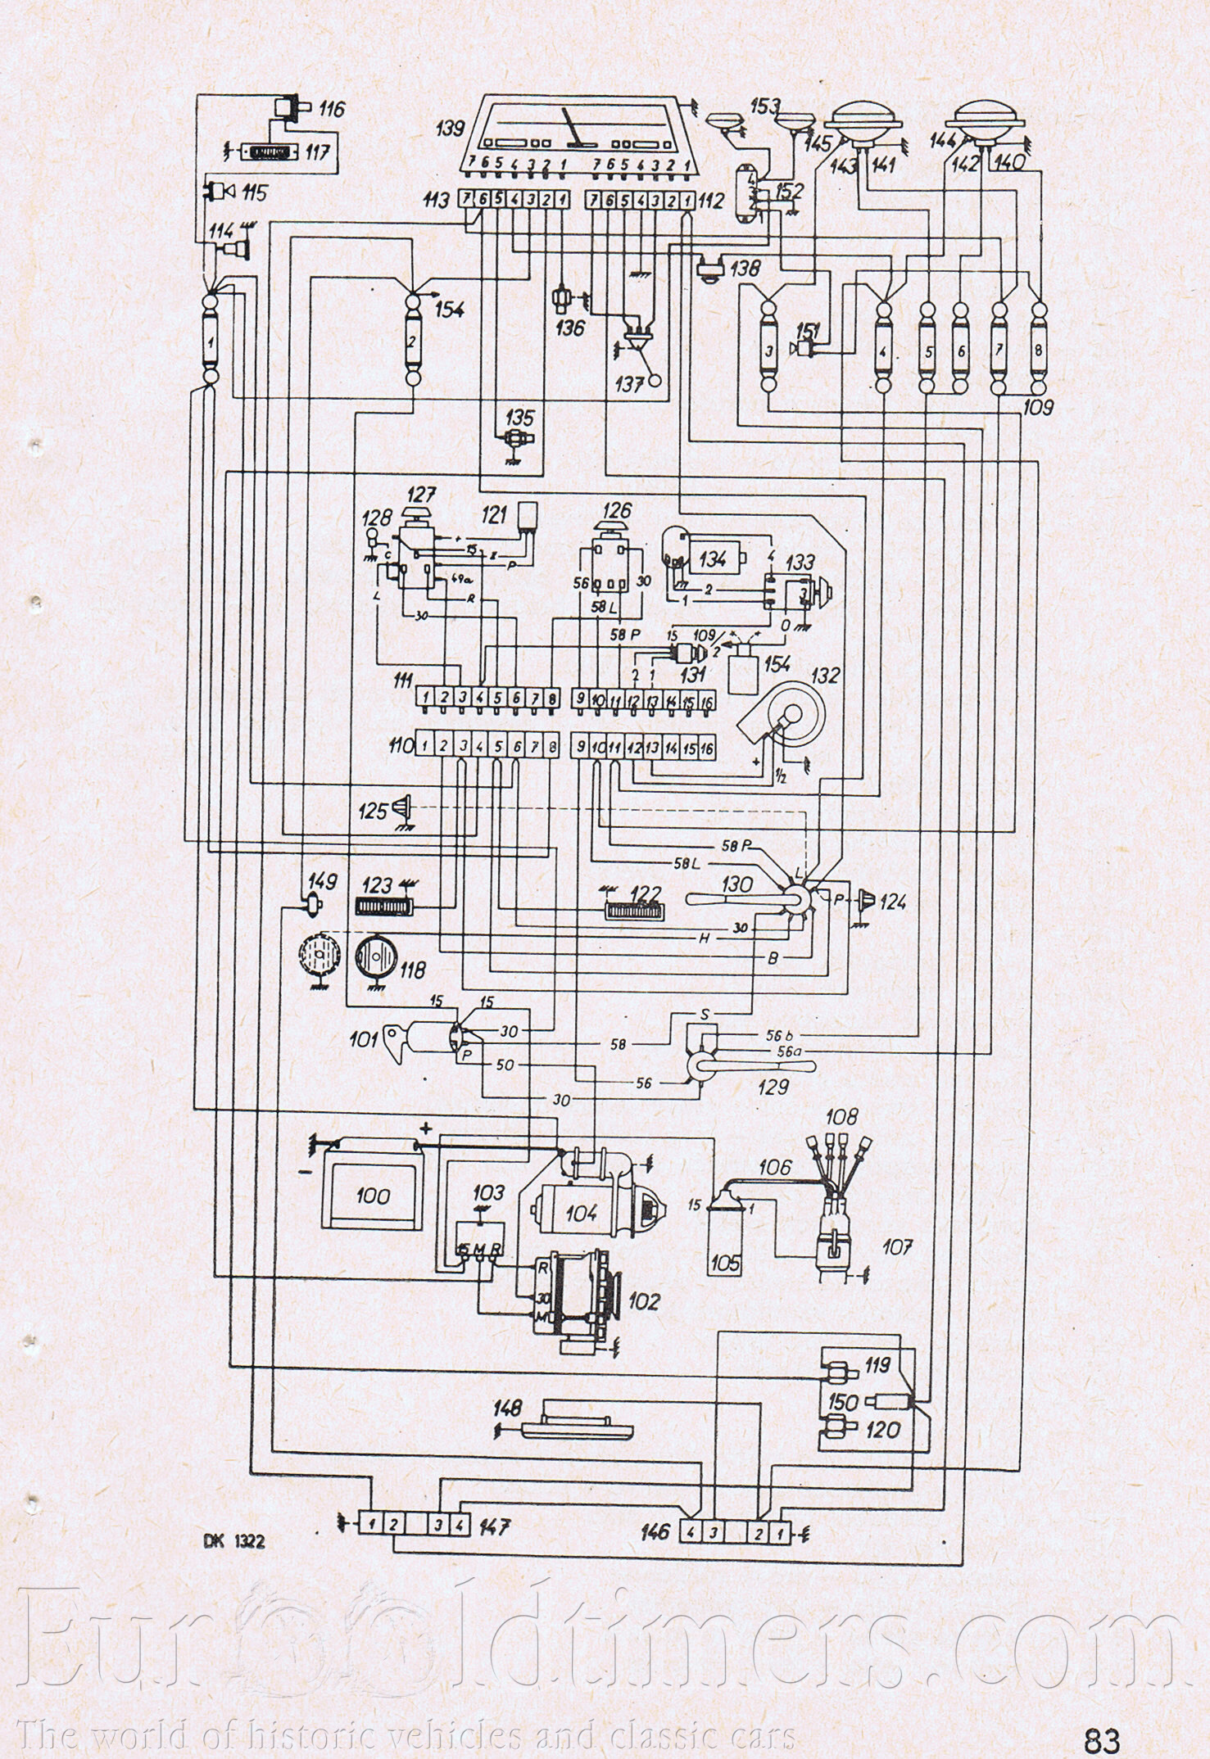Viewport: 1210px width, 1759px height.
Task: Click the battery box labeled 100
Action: pos(373,1196)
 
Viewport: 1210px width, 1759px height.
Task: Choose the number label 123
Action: pos(378,887)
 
